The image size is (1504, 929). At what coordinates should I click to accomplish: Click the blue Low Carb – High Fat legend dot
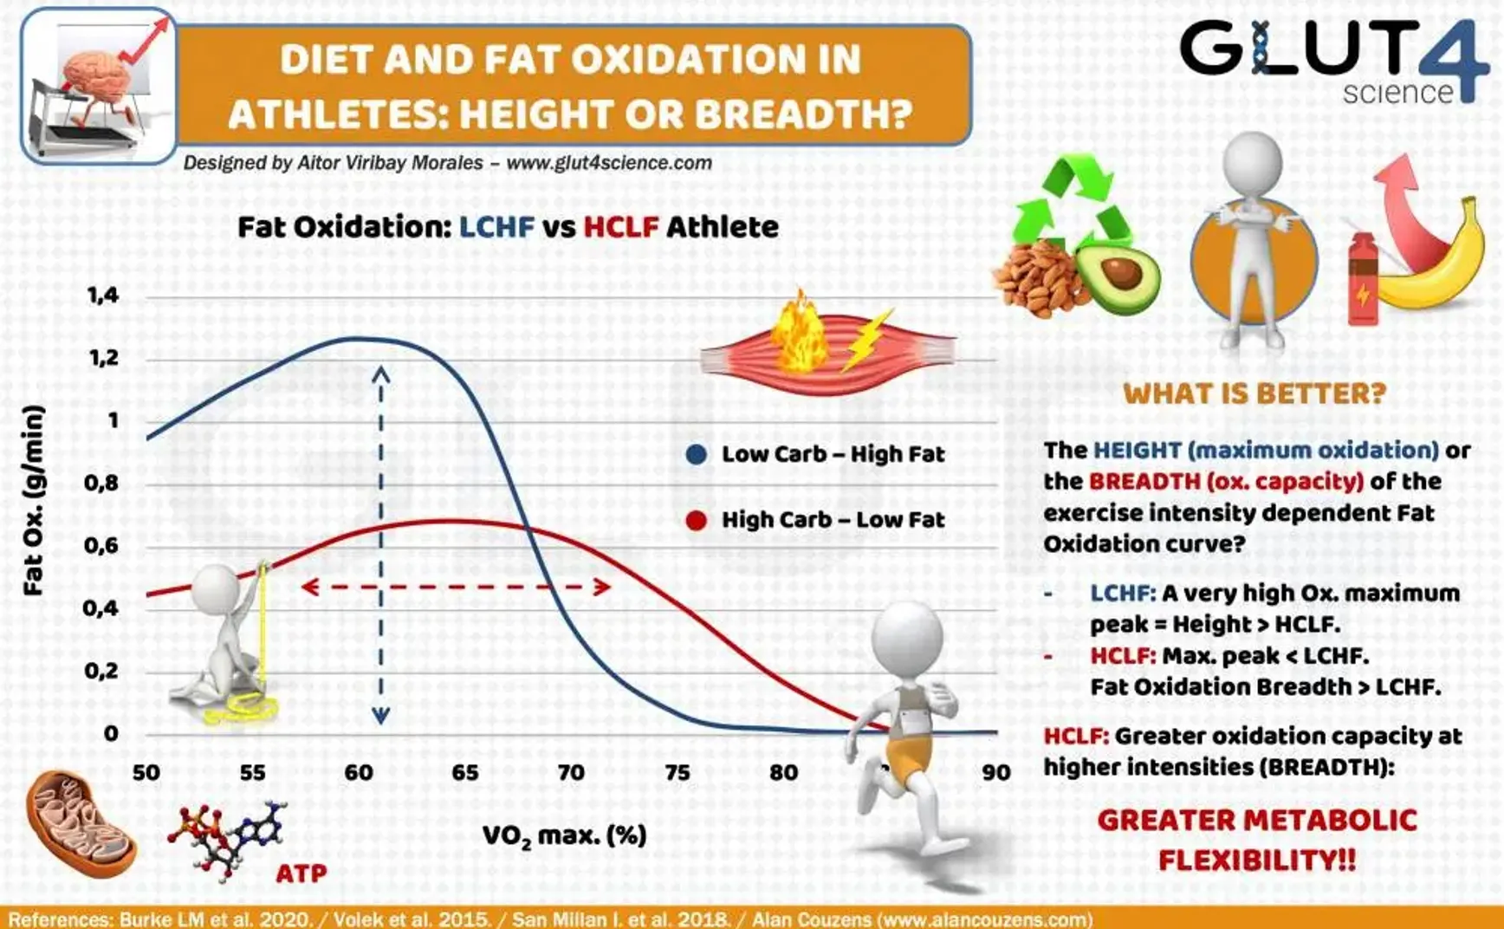point(697,454)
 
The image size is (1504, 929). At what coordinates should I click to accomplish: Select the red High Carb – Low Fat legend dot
point(697,520)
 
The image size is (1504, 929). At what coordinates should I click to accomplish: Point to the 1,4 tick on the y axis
point(103,296)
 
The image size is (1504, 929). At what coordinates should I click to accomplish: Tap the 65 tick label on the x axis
point(465,772)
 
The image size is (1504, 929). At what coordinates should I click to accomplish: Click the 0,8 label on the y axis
point(101,483)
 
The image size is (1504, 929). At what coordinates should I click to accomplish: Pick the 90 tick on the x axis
point(996,772)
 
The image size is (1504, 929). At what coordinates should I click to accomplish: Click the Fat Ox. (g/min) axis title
point(33,500)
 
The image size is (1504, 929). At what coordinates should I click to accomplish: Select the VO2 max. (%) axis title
point(565,836)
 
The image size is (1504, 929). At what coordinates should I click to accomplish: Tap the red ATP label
point(301,873)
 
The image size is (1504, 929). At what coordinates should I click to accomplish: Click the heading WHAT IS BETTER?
point(1254,394)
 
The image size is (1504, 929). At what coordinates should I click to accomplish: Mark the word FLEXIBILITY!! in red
point(1257,861)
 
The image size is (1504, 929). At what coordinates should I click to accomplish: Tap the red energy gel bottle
point(1362,278)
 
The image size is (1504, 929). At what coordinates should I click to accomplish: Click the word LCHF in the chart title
point(496,227)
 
